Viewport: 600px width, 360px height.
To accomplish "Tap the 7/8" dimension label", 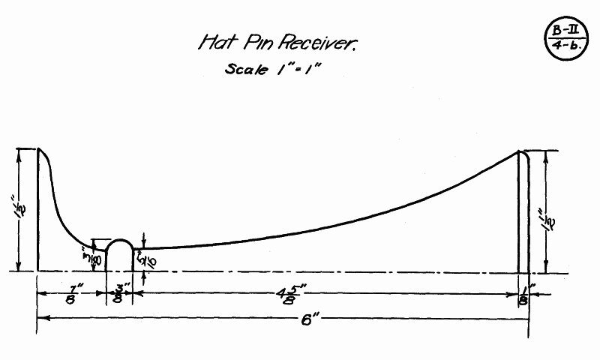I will click(x=71, y=292).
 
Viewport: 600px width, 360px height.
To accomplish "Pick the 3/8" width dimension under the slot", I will click(x=119, y=293).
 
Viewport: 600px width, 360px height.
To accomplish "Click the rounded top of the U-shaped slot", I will click(x=119, y=241).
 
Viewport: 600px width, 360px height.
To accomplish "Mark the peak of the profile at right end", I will click(x=520, y=151).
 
